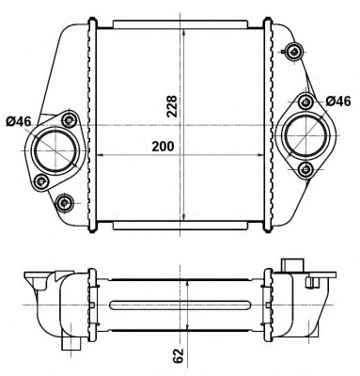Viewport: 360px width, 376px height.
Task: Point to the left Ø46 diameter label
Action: [x=20, y=119]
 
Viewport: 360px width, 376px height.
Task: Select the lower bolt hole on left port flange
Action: [x=39, y=180]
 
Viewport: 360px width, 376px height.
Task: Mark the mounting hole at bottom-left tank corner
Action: [x=64, y=202]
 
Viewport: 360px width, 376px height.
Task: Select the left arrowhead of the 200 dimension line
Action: [x=101, y=153]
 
